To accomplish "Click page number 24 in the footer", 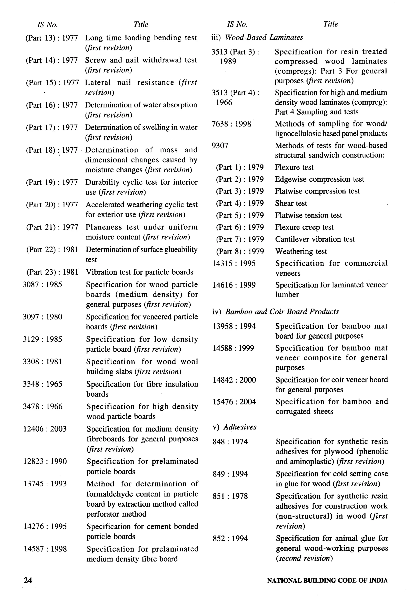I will click(x=28, y=580).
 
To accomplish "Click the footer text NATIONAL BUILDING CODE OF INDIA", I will click(x=327, y=580).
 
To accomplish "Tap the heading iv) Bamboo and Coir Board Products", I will click(x=276, y=312).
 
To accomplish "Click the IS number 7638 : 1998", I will click(x=231, y=124).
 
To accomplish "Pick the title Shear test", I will click(x=291, y=203).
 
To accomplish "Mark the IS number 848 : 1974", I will click(x=230, y=442).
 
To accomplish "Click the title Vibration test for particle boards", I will click(x=139, y=272).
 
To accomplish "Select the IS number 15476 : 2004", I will click(x=234, y=402).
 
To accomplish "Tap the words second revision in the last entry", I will click(x=304, y=558).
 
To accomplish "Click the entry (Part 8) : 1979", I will click(x=240, y=251).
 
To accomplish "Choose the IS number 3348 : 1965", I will click(x=42, y=384).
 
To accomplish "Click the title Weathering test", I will click(x=301, y=251).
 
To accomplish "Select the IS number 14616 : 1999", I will click(x=234, y=285).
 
